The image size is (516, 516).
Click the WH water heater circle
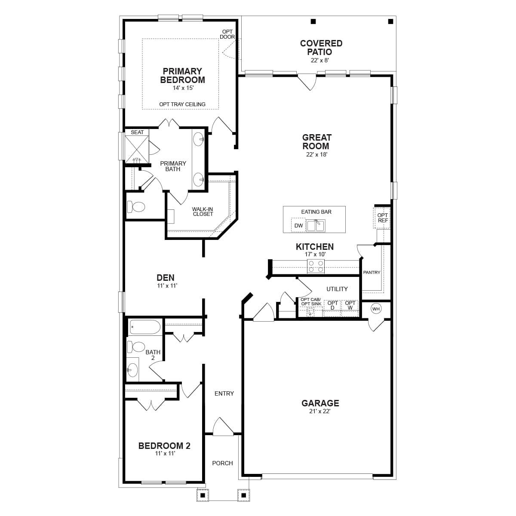click(x=376, y=309)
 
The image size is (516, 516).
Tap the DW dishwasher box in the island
click(x=298, y=225)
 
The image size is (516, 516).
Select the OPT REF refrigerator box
click(x=382, y=218)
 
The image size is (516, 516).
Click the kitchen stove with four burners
click(x=316, y=267)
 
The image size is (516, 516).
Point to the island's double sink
click(x=316, y=225)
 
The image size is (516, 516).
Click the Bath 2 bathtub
click(x=144, y=327)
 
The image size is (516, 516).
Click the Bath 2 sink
click(x=132, y=369)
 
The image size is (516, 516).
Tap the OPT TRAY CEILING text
click(x=182, y=104)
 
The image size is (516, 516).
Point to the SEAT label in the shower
click(x=137, y=132)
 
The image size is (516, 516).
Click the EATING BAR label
click(x=316, y=212)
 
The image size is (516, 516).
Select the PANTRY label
click(x=372, y=272)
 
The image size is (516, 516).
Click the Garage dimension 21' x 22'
click(x=320, y=411)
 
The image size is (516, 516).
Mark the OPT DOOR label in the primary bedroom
click(x=227, y=34)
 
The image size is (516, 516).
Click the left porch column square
click(x=202, y=495)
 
